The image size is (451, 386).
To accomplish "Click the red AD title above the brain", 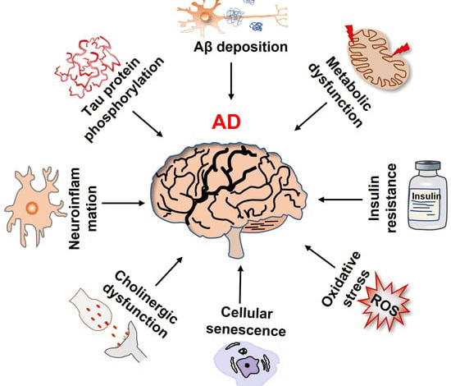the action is (x=226, y=122).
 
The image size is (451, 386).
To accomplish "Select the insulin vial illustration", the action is (x=428, y=195).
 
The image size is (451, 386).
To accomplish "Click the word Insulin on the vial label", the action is (x=426, y=196).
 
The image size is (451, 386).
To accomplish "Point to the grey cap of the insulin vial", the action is (x=428, y=165).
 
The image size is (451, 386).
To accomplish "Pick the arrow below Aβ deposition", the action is (x=231, y=81).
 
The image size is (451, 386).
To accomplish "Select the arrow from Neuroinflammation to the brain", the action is (x=123, y=203).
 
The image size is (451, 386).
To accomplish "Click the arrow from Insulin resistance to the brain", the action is (x=340, y=199).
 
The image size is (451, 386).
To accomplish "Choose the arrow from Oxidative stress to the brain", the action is (x=320, y=256).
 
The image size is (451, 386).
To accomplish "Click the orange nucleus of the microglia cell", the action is (x=31, y=208).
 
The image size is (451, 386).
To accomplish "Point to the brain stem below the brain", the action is (x=236, y=242).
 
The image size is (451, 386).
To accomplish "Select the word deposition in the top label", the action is (x=252, y=48).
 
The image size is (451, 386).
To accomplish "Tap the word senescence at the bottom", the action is (x=246, y=330).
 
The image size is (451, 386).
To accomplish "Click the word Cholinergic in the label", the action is (x=146, y=297).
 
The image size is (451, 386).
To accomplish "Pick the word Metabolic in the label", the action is (x=348, y=84).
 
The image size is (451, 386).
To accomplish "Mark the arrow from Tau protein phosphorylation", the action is (x=148, y=124).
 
